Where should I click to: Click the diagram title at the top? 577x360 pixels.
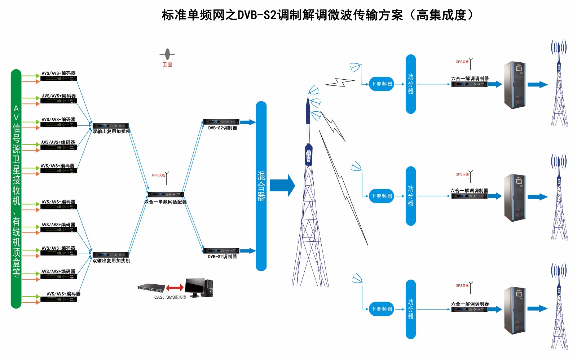[x=317, y=15]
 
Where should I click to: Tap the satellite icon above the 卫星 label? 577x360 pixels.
[x=167, y=54]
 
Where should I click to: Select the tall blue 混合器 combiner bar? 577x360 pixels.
[x=261, y=186]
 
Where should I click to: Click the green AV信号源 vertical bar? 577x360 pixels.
[x=16, y=189]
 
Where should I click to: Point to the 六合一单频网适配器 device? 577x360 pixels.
[x=166, y=195]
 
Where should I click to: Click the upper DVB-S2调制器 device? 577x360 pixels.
[x=221, y=122]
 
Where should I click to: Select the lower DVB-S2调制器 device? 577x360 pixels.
[x=221, y=251]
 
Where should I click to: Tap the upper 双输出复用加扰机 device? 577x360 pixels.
[x=111, y=126]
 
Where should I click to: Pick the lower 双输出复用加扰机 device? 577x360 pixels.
[x=111, y=255]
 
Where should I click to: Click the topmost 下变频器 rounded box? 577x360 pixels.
[x=382, y=84]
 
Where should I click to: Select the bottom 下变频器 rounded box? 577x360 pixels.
[x=382, y=309]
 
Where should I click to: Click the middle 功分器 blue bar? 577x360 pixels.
[x=411, y=196]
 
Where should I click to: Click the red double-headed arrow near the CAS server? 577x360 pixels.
[x=175, y=288]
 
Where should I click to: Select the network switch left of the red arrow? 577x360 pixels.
[x=151, y=288]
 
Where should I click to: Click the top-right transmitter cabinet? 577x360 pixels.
[x=514, y=85]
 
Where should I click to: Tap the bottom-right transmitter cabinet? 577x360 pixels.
[x=514, y=310]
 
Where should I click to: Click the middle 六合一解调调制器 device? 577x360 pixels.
[x=469, y=196]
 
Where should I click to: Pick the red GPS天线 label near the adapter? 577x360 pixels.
[x=158, y=175]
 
